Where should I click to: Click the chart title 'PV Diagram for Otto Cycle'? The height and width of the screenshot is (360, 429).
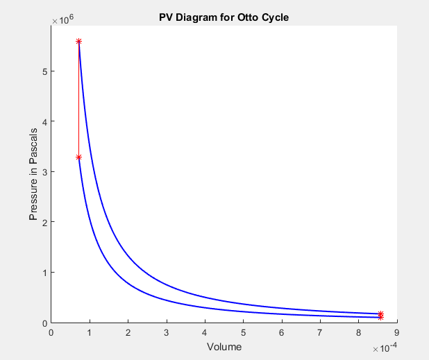point(224,17)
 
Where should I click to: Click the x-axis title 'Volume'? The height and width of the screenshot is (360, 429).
point(224,347)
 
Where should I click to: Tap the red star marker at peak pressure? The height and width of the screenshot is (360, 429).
point(78,42)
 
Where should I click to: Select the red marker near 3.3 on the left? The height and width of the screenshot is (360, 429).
point(78,157)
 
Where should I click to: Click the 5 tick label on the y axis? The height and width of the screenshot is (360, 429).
point(44,71)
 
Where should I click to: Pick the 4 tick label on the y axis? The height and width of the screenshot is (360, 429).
point(44,121)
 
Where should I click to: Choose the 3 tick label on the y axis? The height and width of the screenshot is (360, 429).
point(44,172)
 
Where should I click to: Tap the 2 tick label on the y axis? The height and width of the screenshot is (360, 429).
point(44,222)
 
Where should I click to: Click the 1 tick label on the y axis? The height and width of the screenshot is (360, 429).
point(44,273)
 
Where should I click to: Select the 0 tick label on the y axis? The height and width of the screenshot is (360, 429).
point(44,323)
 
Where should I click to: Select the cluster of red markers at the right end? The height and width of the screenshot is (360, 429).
point(381,315)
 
